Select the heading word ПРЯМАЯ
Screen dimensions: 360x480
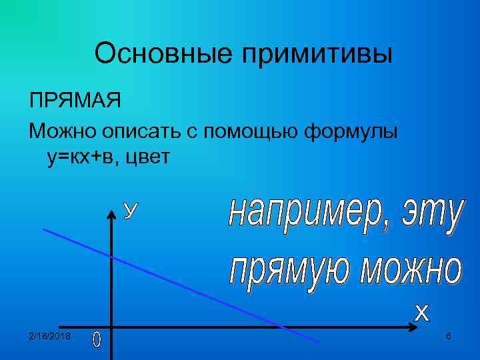tap(75, 103)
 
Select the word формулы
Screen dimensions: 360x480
tap(351, 131)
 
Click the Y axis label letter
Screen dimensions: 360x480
tap(132, 211)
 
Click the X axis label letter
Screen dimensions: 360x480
tap(422, 311)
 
